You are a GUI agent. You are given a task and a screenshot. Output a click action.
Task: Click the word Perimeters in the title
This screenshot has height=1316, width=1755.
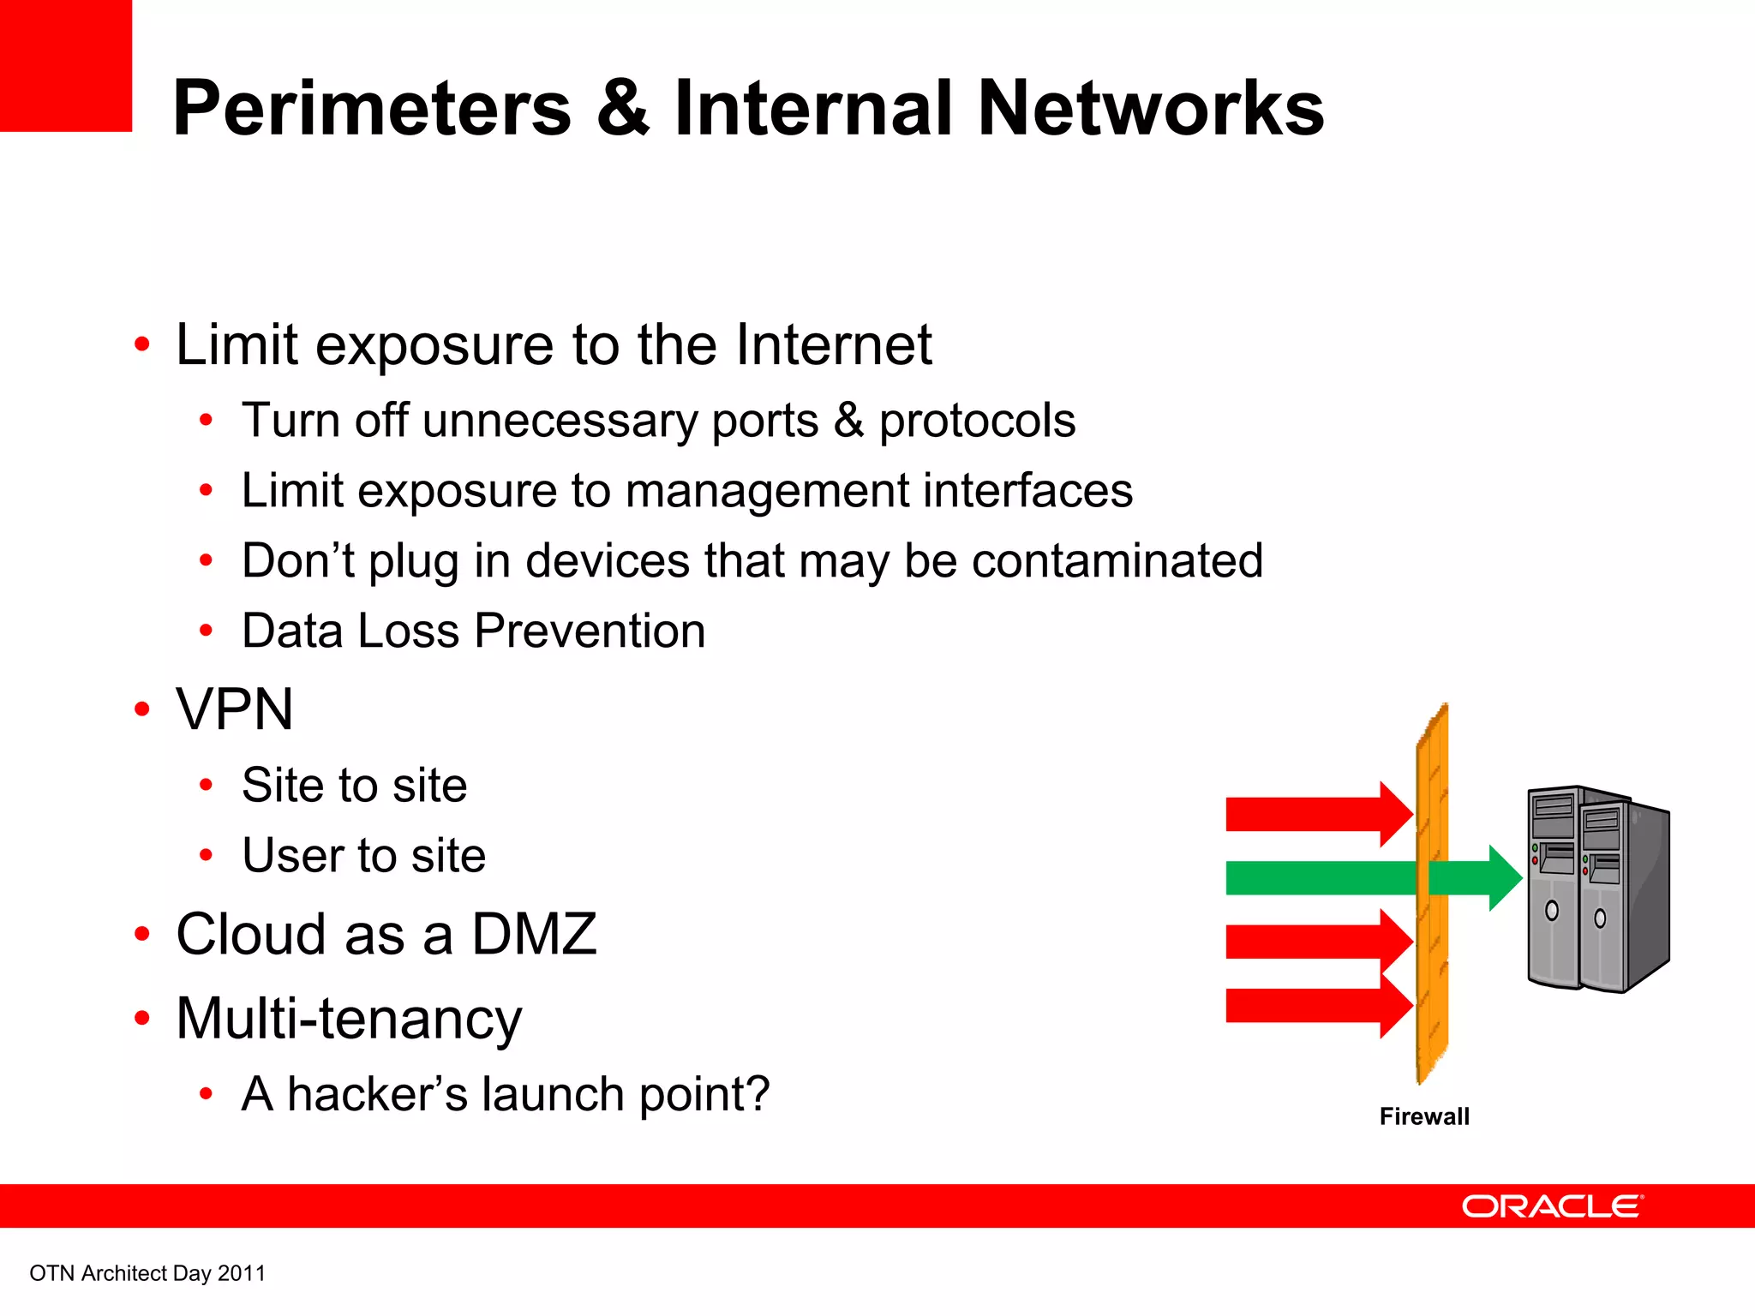point(372,109)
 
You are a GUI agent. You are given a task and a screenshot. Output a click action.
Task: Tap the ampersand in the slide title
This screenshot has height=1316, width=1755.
point(622,109)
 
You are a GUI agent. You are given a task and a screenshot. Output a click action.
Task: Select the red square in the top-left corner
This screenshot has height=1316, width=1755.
point(65,65)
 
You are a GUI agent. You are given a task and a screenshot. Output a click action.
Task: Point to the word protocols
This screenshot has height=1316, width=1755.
point(977,421)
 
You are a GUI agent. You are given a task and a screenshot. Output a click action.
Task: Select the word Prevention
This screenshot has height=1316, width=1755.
point(590,631)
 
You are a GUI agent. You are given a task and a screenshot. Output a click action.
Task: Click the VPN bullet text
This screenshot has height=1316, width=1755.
point(235,709)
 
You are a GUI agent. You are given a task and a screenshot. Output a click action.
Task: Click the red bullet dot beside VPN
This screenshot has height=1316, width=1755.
point(142,709)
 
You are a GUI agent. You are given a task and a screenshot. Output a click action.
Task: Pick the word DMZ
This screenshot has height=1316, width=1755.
point(534,934)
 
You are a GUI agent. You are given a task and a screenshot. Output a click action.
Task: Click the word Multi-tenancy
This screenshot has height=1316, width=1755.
point(349,1019)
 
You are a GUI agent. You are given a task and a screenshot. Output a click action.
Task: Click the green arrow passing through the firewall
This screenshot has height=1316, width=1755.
point(1371,878)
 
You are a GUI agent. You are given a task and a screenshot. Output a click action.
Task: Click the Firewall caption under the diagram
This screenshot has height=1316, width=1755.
point(1424,1116)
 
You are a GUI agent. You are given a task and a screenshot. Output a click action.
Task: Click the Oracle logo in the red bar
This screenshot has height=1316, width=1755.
point(1552,1206)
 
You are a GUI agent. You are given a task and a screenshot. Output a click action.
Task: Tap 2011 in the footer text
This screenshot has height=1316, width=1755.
point(242,1273)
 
